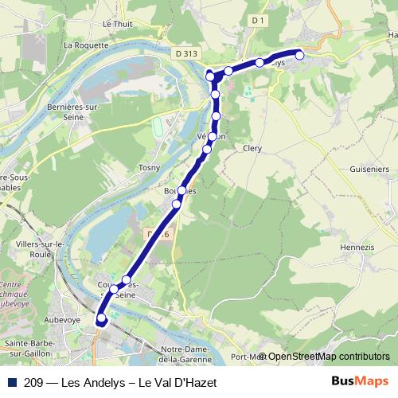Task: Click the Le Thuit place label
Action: [116, 24]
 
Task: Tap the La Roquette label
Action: [85, 45]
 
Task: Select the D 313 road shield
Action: [185, 53]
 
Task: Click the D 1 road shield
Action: [256, 18]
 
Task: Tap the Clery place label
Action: [252, 148]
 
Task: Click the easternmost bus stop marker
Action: [300, 54]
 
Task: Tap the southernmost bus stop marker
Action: [101, 319]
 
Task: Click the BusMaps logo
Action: [359, 382]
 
